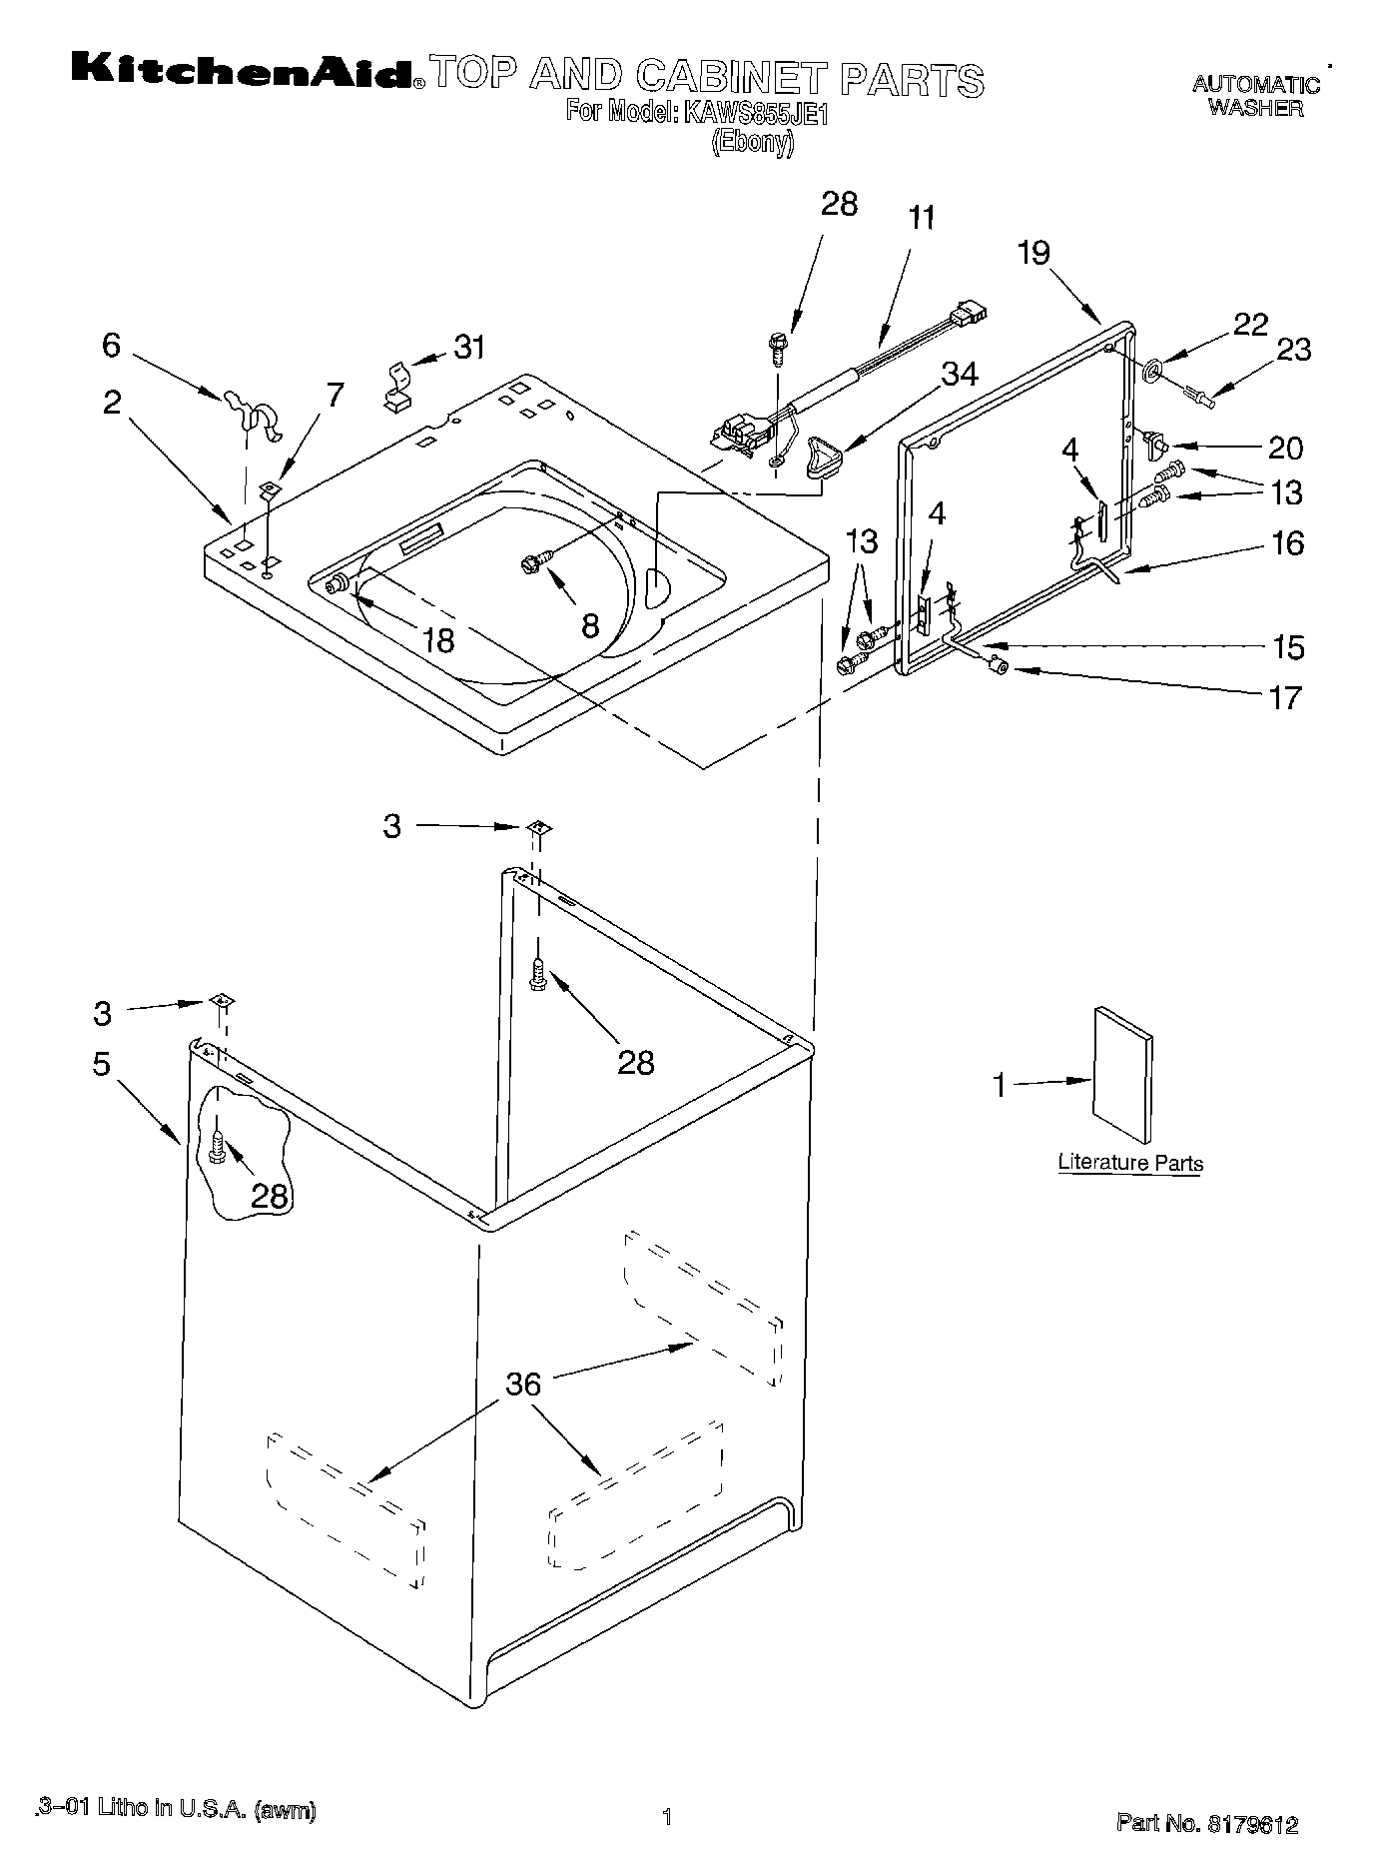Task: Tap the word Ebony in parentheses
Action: [x=752, y=143]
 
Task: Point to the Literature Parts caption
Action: [x=1130, y=1163]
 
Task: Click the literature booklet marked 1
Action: [x=1122, y=1074]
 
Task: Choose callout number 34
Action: [x=960, y=373]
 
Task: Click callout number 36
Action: [x=523, y=1384]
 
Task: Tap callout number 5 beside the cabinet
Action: [x=102, y=1064]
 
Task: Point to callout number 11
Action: [x=922, y=218]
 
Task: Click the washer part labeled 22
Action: [x=1151, y=372]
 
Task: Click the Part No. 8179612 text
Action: [x=1207, y=1825]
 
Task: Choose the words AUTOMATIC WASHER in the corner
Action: [x=1255, y=96]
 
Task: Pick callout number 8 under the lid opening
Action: [x=590, y=625]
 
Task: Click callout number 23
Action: [x=1294, y=350]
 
